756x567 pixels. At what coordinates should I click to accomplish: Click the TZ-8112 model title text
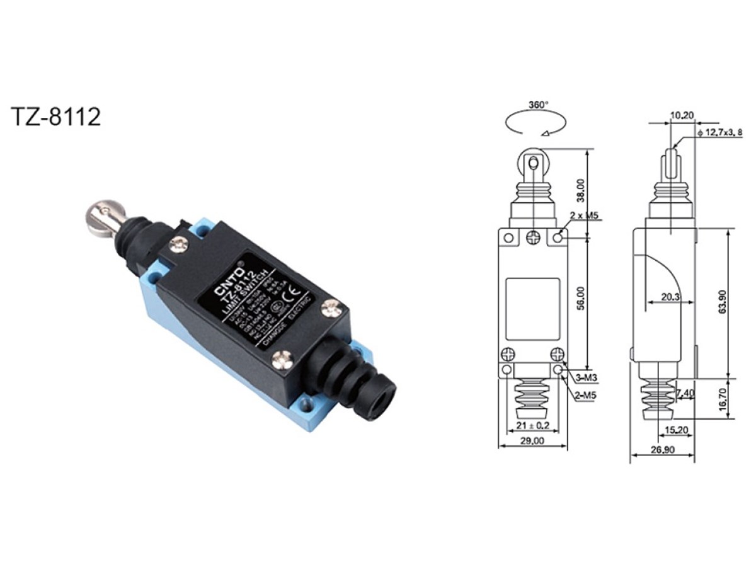point(56,117)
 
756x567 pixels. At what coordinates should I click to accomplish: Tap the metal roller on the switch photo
point(101,217)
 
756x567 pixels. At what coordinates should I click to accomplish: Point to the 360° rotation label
point(539,104)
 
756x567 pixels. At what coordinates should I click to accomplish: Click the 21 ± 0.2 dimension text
point(532,425)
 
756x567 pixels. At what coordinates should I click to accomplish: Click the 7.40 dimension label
point(685,394)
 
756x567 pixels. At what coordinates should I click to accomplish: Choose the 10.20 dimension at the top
point(682,115)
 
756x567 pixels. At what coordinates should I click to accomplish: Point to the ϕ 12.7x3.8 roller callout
point(724,132)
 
